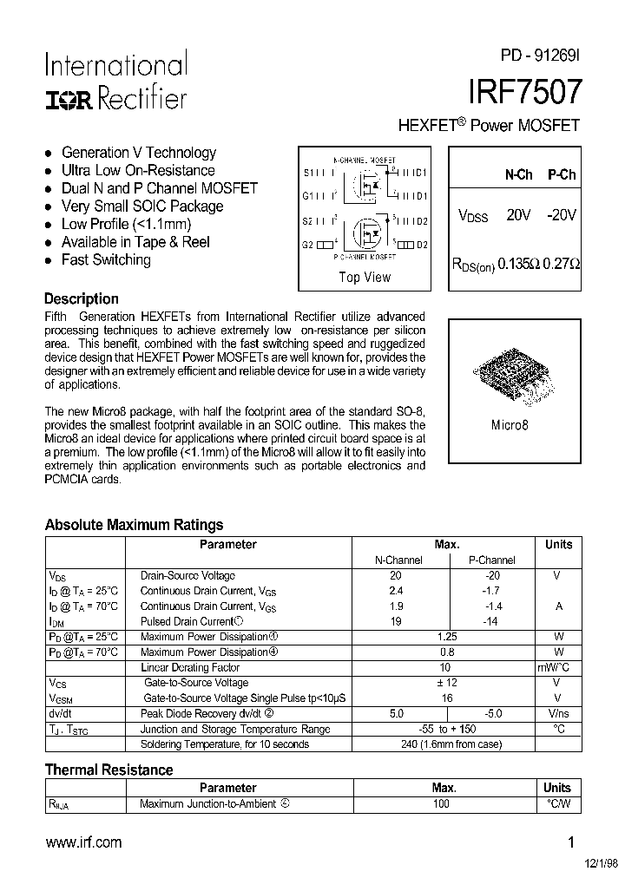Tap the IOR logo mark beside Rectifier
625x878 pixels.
coord(68,100)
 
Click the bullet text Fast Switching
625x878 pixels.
coord(106,259)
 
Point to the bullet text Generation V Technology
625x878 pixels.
coord(138,153)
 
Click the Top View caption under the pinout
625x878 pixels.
coord(365,278)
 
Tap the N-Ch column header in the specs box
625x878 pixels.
coord(518,174)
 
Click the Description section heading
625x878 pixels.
coord(82,298)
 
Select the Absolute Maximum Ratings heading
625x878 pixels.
coord(134,524)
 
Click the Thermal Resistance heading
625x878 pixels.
coord(109,770)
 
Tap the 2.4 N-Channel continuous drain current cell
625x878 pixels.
coord(396,591)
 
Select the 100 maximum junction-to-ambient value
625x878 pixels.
coord(442,804)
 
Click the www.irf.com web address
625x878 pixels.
coord(83,842)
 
